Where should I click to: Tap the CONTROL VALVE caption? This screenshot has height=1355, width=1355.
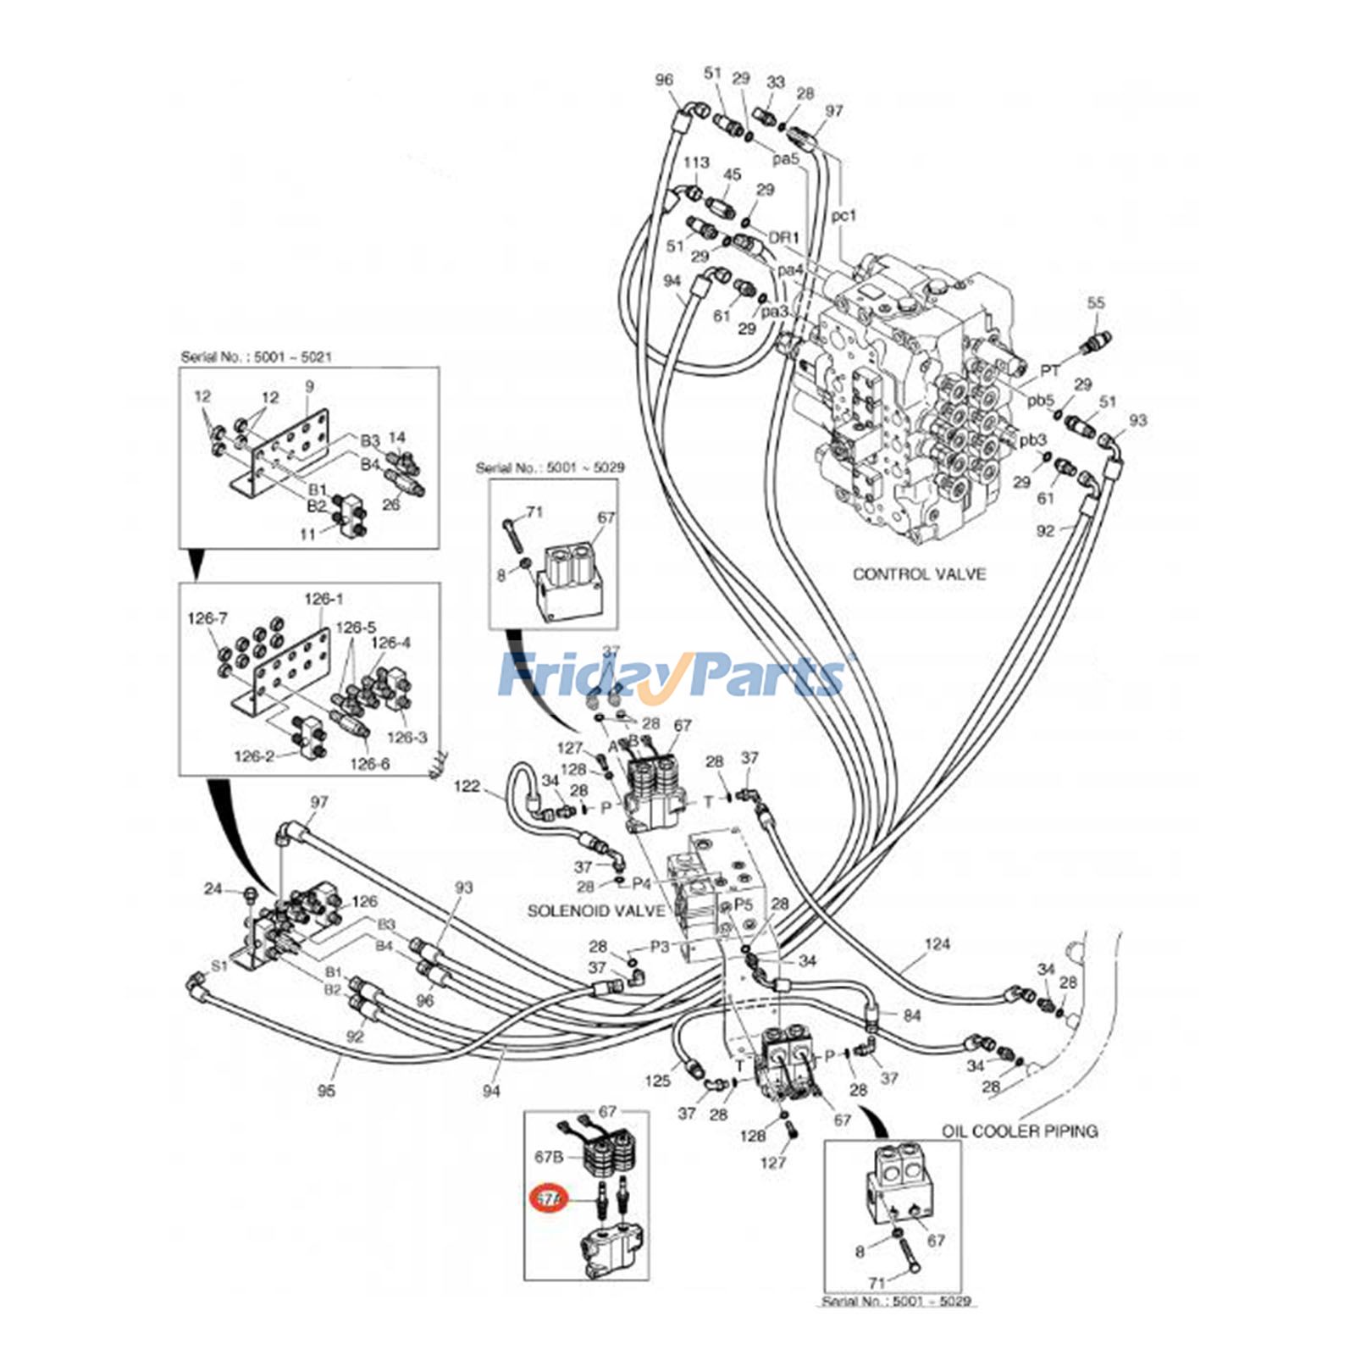[919, 573]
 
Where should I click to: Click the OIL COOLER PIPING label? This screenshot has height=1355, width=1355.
[1020, 1131]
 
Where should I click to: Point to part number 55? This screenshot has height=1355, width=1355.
[1096, 302]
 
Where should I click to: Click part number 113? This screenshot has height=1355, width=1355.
[696, 163]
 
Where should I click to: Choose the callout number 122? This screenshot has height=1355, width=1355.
[466, 786]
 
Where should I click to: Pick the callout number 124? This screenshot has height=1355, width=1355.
[937, 943]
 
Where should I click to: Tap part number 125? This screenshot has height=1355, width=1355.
[657, 1080]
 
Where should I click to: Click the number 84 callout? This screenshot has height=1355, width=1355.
[911, 1015]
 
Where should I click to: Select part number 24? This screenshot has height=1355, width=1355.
[213, 888]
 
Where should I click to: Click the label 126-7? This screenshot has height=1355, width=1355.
[207, 619]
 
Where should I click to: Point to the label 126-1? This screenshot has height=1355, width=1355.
[324, 599]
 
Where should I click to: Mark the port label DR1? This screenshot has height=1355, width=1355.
[783, 238]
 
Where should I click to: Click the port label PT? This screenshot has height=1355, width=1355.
[1050, 371]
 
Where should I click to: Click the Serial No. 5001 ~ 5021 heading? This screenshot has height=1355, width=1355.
[256, 357]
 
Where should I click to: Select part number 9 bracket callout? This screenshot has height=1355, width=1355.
[309, 386]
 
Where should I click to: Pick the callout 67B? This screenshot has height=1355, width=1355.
[549, 1156]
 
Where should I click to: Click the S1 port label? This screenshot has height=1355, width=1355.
[219, 965]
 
